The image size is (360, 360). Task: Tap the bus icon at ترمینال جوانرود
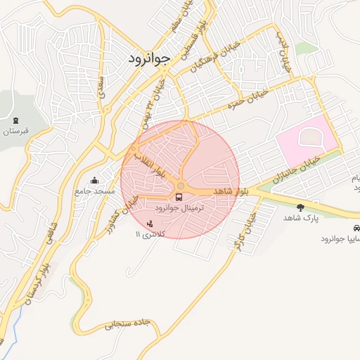[181, 196]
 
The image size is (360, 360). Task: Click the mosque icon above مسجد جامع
[95, 179]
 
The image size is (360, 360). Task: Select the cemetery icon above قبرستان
[15, 119]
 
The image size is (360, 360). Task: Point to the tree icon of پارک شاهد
[301, 207]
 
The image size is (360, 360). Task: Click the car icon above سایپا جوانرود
[356, 229]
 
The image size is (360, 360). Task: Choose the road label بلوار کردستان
[39, 281]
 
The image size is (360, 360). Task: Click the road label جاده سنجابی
[128, 325]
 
